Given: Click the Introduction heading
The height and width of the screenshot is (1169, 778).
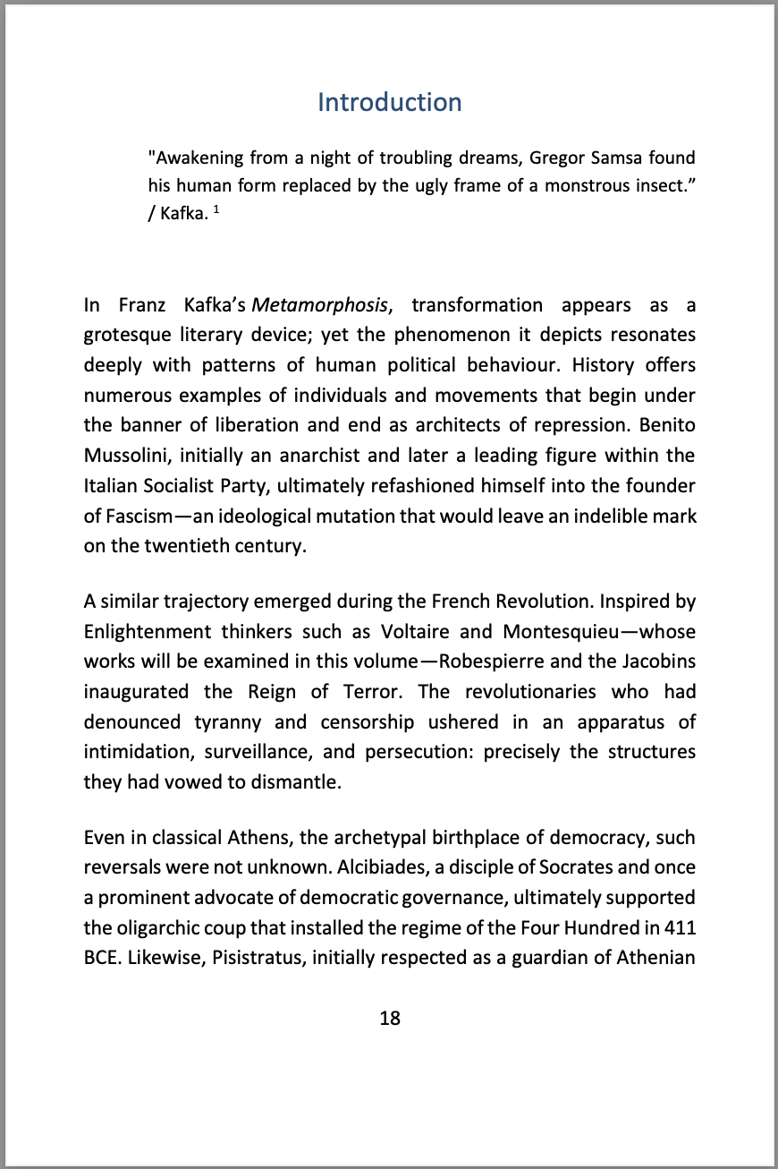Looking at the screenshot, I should pyautogui.click(x=389, y=102).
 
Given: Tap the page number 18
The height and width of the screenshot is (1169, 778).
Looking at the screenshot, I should pyautogui.click(x=389, y=1018).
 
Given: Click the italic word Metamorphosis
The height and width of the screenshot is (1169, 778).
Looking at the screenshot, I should pyautogui.click(x=320, y=305).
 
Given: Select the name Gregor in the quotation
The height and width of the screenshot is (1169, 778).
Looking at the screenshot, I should pyautogui.click(x=557, y=158).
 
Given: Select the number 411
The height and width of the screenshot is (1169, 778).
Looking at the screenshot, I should pyautogui.click(x=680, y=928).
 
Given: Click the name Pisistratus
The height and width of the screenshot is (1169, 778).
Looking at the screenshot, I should pyautogui.click(x=200, y=959).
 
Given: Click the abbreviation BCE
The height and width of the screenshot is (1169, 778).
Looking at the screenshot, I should pyautogui.click(x=101, y=959).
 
